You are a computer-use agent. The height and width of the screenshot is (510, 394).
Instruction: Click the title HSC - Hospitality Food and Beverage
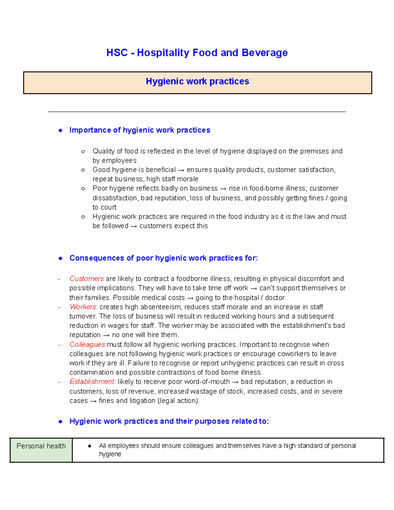click(x=197, y=53)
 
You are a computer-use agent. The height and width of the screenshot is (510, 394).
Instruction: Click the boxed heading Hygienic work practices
click(x=197, y=81)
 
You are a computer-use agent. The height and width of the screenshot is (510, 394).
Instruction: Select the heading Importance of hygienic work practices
click(x=140, y=130)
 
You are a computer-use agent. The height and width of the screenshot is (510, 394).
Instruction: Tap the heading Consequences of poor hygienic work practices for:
click(x=164, y=258)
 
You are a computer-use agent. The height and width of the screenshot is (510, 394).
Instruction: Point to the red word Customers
click(x=87, y=279)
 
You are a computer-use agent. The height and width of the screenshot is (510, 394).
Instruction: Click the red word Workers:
click(x=83, y=307)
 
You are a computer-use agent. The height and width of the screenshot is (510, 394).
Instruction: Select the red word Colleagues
click(x=87, y=344)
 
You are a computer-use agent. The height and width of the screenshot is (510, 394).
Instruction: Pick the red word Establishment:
click(x=92, y=382)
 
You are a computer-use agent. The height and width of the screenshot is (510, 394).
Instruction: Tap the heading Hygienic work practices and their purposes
click(x=169, y=421)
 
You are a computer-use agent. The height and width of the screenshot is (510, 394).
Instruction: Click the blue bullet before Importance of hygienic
click(x=60, y=130)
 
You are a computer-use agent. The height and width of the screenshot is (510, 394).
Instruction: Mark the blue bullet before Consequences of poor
click(x=60, y=258)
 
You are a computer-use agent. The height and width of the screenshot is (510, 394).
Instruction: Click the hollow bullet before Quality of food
click(x=83, y=151)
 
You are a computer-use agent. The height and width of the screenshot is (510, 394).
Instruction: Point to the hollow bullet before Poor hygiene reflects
click(x=83, y=188)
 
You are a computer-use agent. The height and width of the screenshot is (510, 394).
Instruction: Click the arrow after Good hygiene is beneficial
click(x=181, y=170)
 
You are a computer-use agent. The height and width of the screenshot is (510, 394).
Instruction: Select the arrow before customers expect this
click(x=134, y=226)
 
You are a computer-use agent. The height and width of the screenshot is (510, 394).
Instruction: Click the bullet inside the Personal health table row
click(x=89, y=446)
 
